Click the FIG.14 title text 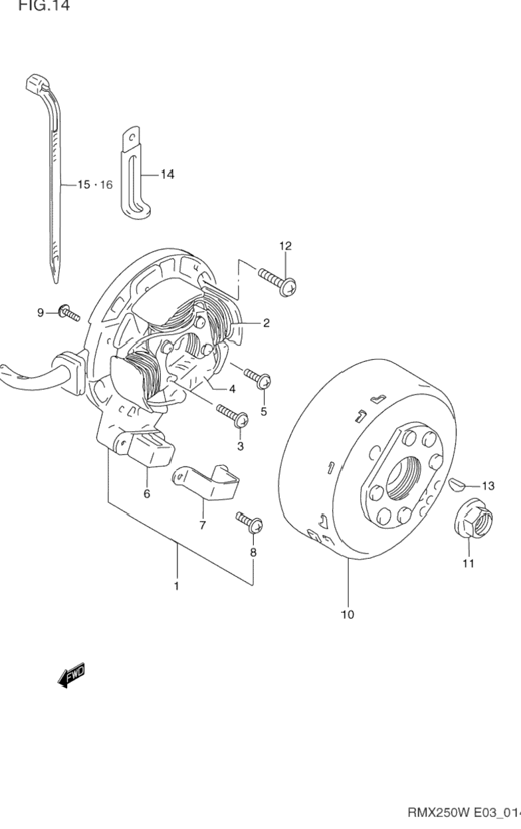click(44, 7)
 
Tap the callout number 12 click(285, 246)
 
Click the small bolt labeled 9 click(67, 311)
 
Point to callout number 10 click(347, 615)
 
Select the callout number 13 click(488, 486)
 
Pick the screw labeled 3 click(232, 416)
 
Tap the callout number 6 click(146, 494)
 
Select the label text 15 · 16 click(94, 184)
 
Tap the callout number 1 click(177, 586)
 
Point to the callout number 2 click(266, 323)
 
